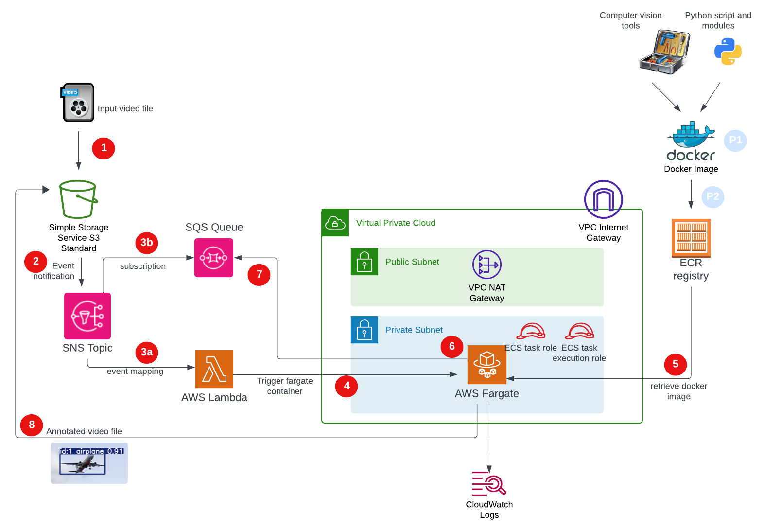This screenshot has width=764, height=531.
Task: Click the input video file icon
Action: (x=78, y=103)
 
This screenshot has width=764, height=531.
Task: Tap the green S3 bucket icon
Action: (x=78, y=199)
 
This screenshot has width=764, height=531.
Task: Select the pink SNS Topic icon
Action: (x=87, y=316)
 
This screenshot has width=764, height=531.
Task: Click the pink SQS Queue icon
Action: (x=213, y=258)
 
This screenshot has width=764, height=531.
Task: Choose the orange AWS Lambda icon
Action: (x=214, y=369)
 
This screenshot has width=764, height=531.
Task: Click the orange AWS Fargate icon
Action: (x=486, y=365)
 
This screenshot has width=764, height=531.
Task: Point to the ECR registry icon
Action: (x=691, y=238)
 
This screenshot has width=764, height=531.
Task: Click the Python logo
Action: (x=728, y=52)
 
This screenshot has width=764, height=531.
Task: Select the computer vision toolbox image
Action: (x=665, y=52)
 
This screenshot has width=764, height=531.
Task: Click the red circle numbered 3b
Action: (x=147, y=243)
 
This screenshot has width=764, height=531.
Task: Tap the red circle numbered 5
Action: (x=675, y=364)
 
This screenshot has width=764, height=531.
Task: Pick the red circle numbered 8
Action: (x=32, y=425)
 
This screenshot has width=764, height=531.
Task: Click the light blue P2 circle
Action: (x=712, y=196)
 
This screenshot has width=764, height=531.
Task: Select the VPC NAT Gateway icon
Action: (x=486, y=265)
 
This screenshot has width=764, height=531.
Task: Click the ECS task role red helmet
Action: (x=530, y=332)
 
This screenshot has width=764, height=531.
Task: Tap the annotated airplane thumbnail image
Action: (x=89, y=463)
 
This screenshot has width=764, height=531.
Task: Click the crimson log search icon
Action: (x=488, y=483)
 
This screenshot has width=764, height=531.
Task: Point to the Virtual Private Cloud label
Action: (x=396, y=223)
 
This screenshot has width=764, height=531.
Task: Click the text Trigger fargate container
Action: (x=284, y=386)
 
